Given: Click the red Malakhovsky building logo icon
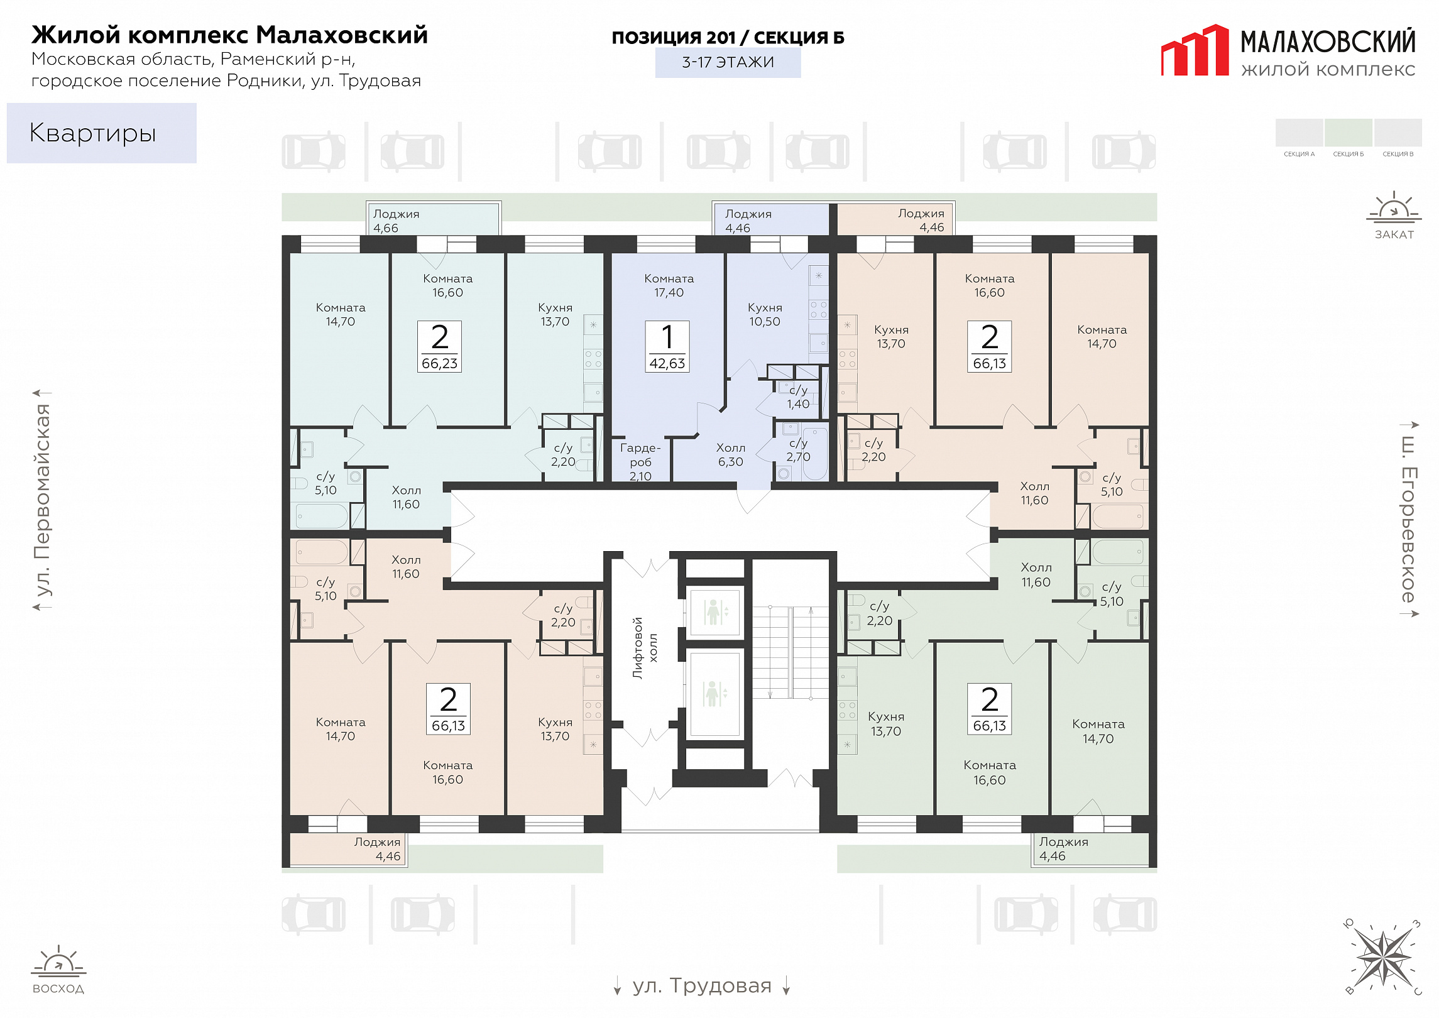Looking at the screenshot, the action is pyautogui.click(x=1195, y=50).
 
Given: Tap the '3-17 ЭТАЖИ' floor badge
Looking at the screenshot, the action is pyautogui.click(x=728, y=62).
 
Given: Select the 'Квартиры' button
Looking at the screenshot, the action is pyautogui.click(x=102, y=133).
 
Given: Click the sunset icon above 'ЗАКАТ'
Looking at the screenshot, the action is pyautogui.click(x=1394, y=207).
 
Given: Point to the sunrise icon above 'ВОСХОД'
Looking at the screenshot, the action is pyautogui.click(x=58, y=961).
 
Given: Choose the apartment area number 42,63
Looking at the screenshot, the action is pyautogui.click(x=667, y=363).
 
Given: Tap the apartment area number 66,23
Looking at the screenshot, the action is pyautogui.click(x=440, y=363).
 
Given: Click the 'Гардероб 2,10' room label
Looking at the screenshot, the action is pyautogui.click(x=640, y=462).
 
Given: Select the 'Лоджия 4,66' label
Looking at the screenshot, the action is pyautogui.click(x=396, y=221).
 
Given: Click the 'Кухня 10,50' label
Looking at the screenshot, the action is pyautogui.click(x=765, y=314).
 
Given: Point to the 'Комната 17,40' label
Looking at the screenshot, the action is pyautogui.click(x=669, y=285).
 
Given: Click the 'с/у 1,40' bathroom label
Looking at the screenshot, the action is pyautogui.click(x=798, y=397).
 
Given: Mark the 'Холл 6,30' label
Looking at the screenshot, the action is pyautogui.click(x=731, y=454).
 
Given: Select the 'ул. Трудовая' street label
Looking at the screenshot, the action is pyautogui.click(x=702, y=985).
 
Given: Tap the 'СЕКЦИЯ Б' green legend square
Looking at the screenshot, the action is pyautogui.click(x=1348, y=133).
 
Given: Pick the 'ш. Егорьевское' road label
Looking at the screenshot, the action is pyautogui.click(x=1408, y=519).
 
